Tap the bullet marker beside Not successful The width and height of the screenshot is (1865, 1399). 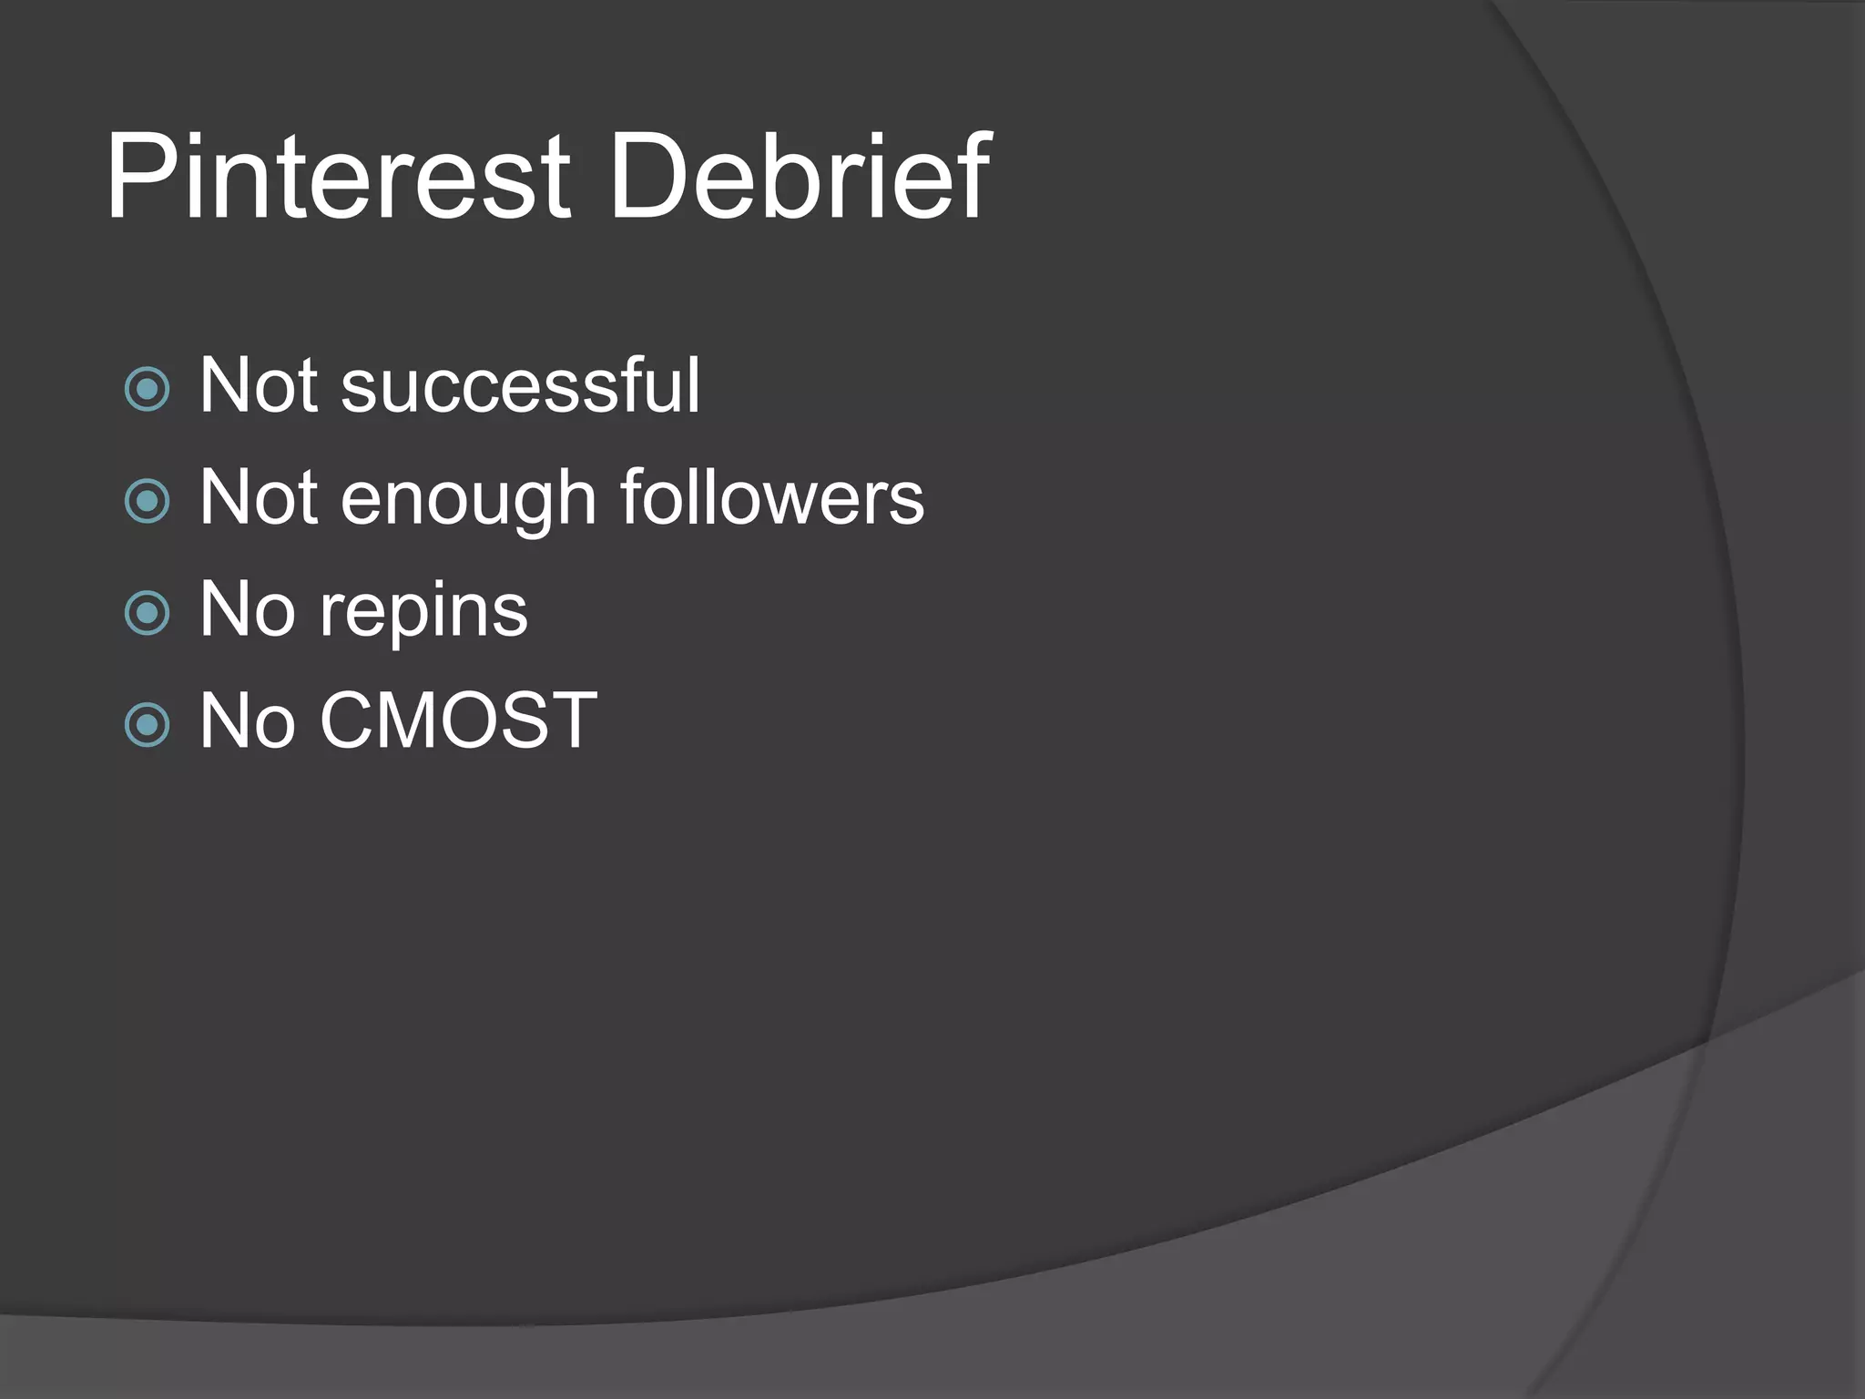click(x=147, y=389)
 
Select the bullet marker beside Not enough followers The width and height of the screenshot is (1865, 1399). click(x=147, y=501)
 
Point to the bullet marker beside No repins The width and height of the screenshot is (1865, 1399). click(x=147, y=613)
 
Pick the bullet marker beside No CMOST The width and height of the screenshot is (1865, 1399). click(x=147, y=725)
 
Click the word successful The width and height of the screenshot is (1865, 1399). click(x=520, y=386)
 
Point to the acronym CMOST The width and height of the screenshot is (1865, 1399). click(x=458, y=721)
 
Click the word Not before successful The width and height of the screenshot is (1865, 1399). click(x=259, y=386)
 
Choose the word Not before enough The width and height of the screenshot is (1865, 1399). click(x=259, y=498)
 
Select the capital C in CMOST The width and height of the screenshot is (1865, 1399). click(x=352, y=721)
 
